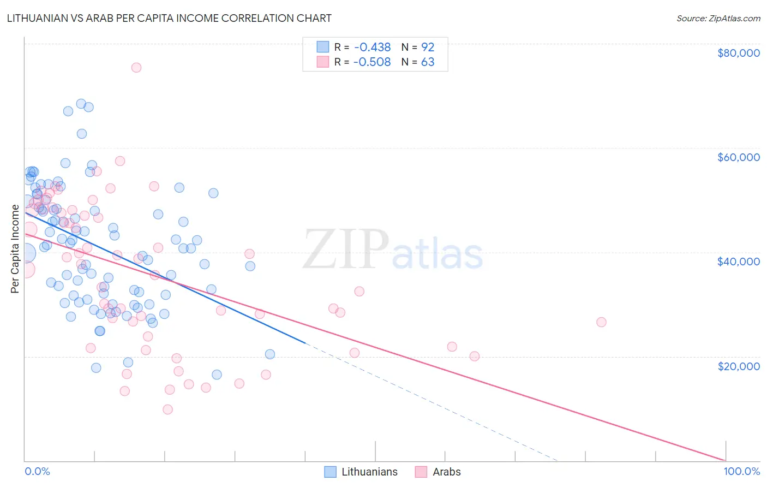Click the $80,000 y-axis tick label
click(738, 53)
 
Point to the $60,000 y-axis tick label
click(738, 157)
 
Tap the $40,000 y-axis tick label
click(738, 262)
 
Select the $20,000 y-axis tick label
click(738, 366)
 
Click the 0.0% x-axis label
click(37, 471)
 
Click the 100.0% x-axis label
click(741, 471)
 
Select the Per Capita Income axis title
click(15, 248)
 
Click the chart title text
click(169, 18)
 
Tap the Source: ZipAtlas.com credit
click(718, 18)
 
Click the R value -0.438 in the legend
click(372, 47)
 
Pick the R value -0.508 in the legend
click(372, 62)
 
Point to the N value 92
click(428, 47)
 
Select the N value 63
click(428, 62)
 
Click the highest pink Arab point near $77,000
click(136, 68)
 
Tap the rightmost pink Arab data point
click(601, 322)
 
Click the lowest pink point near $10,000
click(167, 409)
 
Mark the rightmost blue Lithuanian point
click(270, 354)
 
